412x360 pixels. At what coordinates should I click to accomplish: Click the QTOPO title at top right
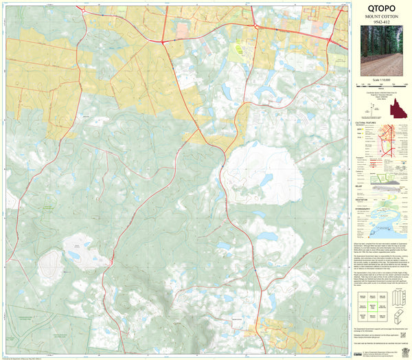click(x=381, y=11)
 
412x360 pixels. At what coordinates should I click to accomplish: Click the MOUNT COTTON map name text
click(x=381, y=23)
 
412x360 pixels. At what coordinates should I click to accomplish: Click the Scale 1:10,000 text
click(x=381, y=78)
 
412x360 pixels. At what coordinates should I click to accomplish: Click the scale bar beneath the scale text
click(x=381, y=85)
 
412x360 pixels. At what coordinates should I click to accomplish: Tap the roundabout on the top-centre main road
click(x=162, y=42)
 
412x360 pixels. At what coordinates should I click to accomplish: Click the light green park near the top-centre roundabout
click(x=240, y=50)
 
